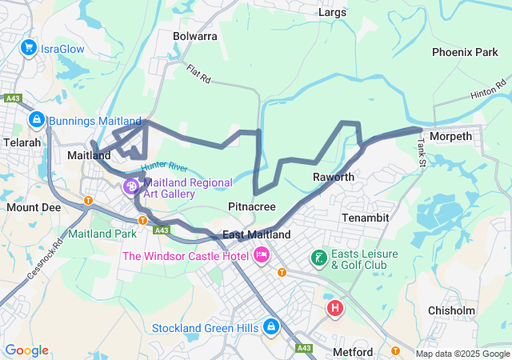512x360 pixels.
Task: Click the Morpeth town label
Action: [451, 137]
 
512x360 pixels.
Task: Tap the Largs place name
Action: [332, 12]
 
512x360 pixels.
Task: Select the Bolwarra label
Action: [195, 36]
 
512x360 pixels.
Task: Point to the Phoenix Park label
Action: [465, 52]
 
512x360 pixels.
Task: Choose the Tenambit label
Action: [365, 217]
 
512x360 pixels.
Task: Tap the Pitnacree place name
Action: [252, 206]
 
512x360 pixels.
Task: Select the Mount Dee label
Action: [33, 207]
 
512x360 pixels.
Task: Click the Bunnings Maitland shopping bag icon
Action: [36, 120]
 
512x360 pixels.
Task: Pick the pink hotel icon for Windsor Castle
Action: [261, 256]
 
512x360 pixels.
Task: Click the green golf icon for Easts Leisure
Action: [318, 258]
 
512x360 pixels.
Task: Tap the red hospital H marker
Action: [335, 307]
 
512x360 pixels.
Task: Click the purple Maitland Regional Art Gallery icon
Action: [130, 186]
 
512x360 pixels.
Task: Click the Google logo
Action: [27, 350]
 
